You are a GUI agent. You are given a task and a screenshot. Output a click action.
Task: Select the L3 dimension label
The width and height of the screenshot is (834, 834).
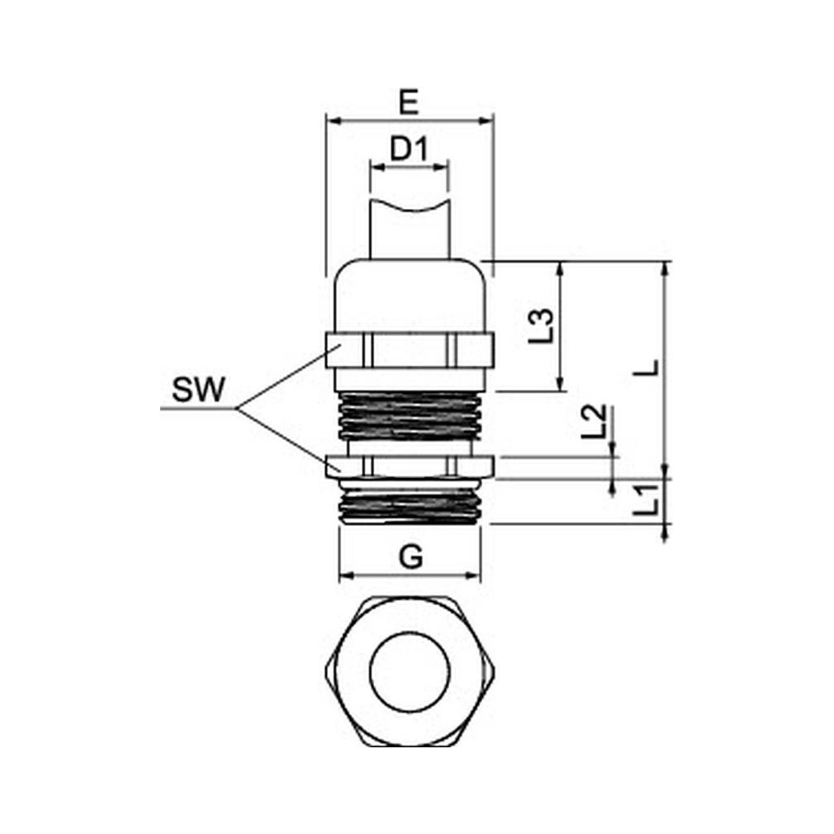(542, 325)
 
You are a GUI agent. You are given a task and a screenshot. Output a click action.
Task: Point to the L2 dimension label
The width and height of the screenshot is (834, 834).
(593, 421)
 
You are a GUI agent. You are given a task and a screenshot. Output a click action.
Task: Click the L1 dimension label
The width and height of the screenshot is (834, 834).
(647, 500)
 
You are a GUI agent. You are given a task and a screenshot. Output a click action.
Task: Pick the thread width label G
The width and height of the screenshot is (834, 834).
(410, 557)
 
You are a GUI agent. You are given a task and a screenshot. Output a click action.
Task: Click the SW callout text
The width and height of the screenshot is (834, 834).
(198, 390)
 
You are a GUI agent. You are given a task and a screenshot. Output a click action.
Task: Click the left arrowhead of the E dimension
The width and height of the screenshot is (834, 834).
(332, 121)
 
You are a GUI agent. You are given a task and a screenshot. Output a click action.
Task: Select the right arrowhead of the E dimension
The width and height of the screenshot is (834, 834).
(486, 121)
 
